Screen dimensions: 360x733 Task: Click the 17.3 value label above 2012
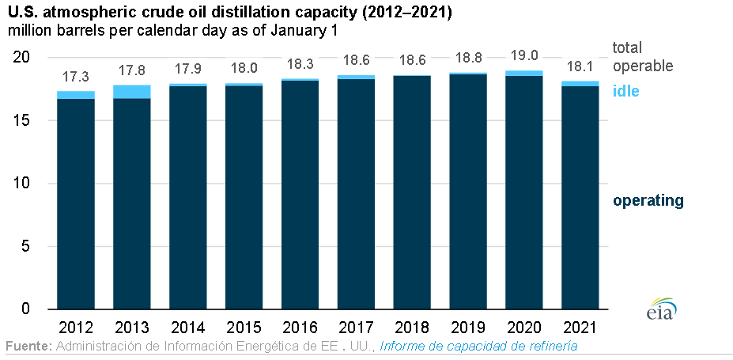pos(75,78)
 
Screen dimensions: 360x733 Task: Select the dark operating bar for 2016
pos(300,194)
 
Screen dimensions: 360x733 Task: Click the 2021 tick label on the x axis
pos(580,327)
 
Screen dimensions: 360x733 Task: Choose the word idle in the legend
pos(625,91)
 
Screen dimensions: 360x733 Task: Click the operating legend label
pos(648,200)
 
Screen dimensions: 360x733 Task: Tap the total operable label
pos(642,57)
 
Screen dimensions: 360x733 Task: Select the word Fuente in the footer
pos(28,347)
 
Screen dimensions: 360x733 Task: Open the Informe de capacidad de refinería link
pos(478,347)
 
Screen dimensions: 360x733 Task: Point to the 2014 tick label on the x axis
pos(187,327)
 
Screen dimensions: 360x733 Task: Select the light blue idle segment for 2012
pos(75,95)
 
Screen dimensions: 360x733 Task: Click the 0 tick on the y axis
pos(25,309)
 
